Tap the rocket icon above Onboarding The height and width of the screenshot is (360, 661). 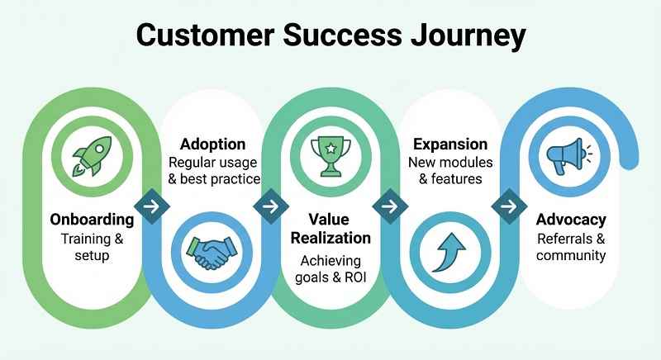[91, 154]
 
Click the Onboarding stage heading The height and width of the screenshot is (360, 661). [91, 220]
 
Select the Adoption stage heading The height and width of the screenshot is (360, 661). [208, 143]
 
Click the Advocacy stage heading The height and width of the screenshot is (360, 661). [570, 220]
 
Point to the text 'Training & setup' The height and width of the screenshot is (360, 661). [91, 248]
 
